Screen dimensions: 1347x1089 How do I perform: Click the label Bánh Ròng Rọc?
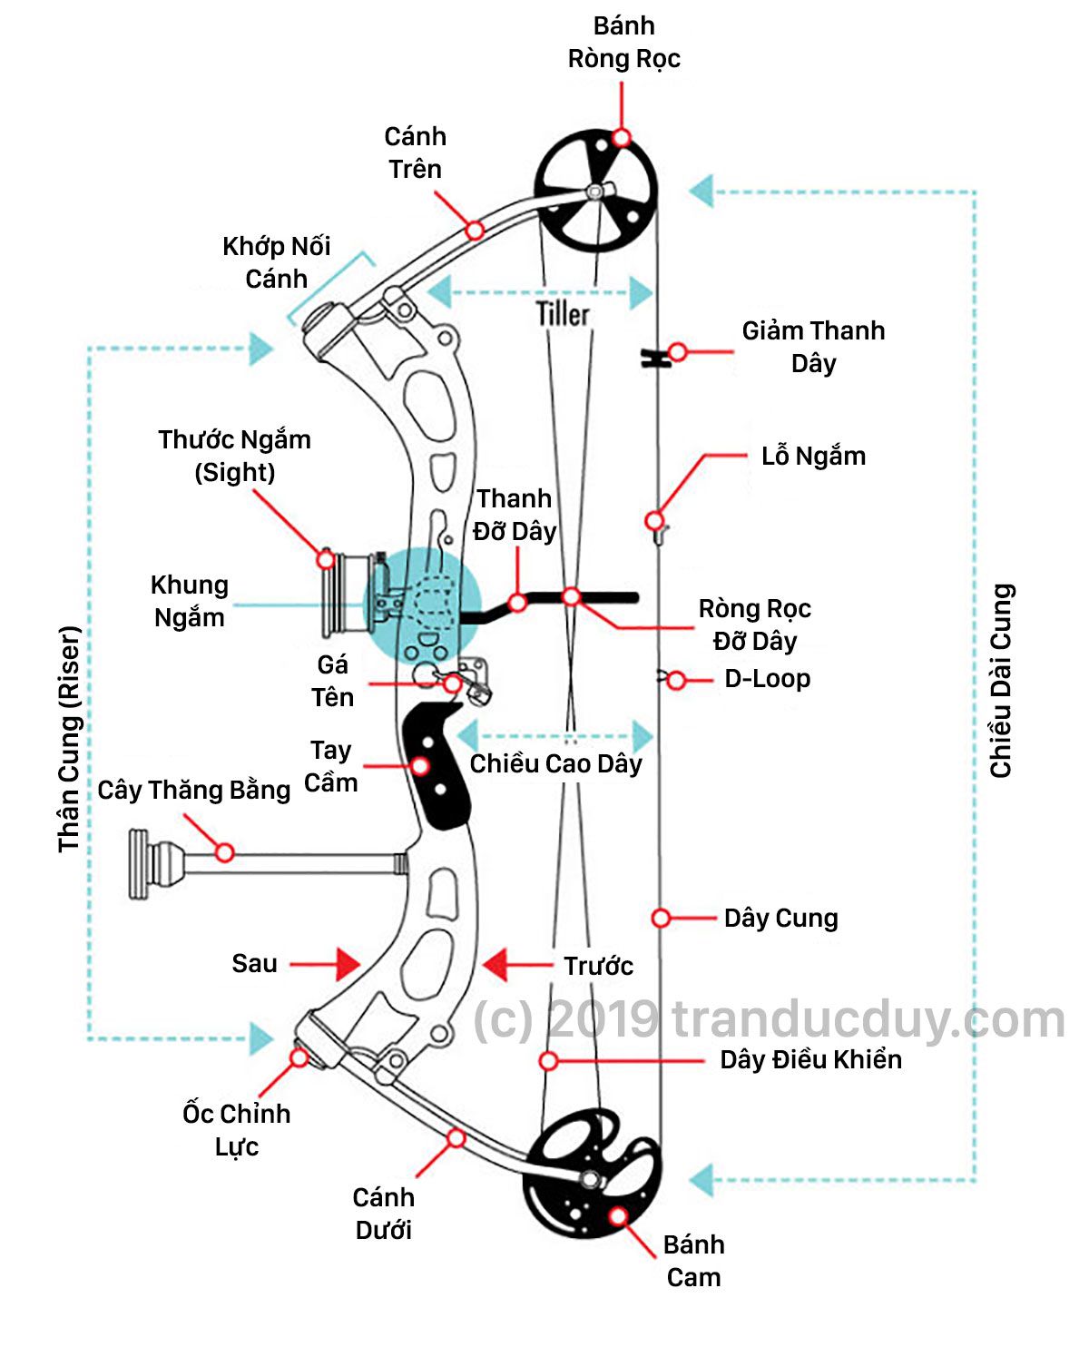(x=623, y=43)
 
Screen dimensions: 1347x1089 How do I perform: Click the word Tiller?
(x=563, y=314)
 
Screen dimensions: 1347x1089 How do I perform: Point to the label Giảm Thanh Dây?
(x=813, y=347)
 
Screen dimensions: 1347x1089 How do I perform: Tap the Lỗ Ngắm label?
(x=813, y=456)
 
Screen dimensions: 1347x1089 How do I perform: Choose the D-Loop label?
(x=767, y=679)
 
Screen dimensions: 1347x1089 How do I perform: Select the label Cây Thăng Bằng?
(x=194, y=791)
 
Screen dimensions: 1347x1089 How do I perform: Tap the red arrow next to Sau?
(x=347, y=964)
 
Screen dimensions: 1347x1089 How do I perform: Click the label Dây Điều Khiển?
(x=810, y=1059)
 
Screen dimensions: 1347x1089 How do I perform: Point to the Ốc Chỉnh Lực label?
(x=237, y=1129)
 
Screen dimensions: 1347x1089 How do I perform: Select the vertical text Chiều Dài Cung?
(x=1001, y=681)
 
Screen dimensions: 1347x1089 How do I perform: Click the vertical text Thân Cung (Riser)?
(x=70, y=739)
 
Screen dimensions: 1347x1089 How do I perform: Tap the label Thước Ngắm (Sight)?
(x=234, y=456)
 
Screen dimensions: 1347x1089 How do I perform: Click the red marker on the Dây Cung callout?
(x=661, y=919)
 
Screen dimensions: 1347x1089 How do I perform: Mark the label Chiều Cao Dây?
(x=555, y=764)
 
